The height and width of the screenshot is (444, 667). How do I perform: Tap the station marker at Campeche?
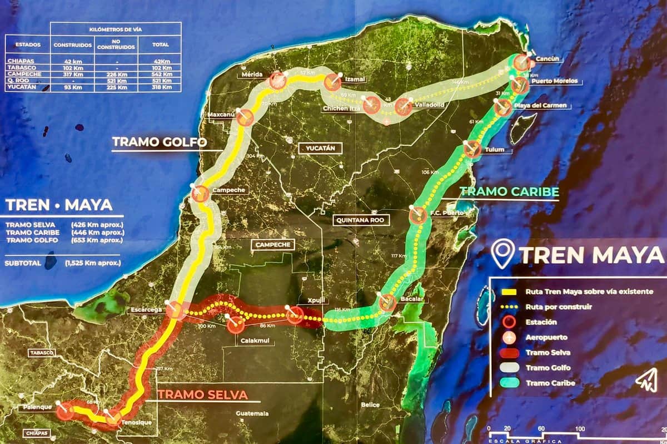click(200, 194)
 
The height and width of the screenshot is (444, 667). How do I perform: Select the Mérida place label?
click(252, 75)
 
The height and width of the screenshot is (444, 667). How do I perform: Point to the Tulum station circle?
click(472, 149)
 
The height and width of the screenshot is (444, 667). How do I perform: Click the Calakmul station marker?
click(236, 324)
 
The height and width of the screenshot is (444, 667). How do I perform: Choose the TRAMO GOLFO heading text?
click(160, 142)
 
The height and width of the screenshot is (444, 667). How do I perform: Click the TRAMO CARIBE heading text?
click(509, 191)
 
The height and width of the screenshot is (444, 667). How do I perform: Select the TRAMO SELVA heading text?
click(202, 394)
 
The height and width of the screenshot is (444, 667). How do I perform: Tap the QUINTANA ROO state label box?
click(360, 220)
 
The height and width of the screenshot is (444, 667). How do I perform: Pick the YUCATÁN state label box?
click(320, 148)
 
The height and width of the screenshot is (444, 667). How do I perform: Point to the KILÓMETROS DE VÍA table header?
click(116, 28)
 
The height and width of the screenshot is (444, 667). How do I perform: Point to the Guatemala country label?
click(252, 413)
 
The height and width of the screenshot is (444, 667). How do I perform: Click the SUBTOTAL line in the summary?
click(62, 262)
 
